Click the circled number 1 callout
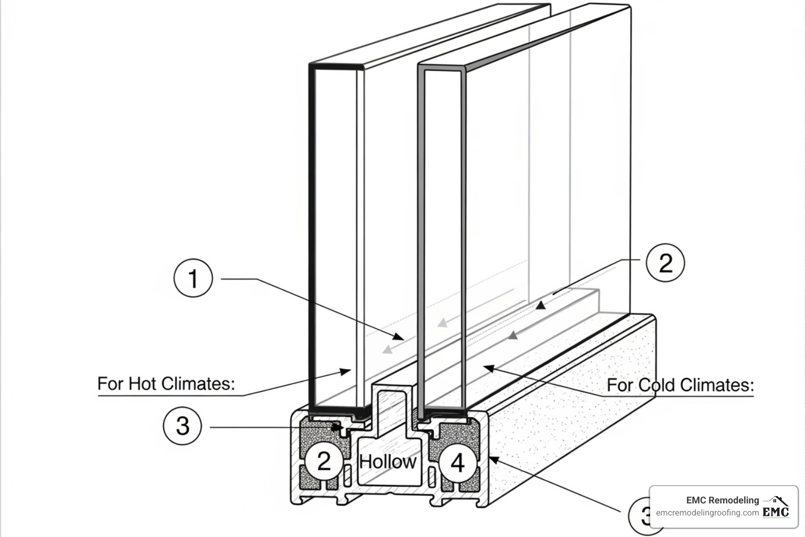tap(193, 278)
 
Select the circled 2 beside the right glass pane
tap(665, 262)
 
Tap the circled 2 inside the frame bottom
tap(324, 461)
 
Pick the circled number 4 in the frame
tap(458, 463)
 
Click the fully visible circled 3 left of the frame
tap(183, 425)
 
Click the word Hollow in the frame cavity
tap(388, 461)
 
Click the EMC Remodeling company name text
tap(722, 500)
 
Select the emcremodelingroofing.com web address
tap(707, 513)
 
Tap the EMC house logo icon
tap(776, 508)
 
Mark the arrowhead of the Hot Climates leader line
tap(346, 371)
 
